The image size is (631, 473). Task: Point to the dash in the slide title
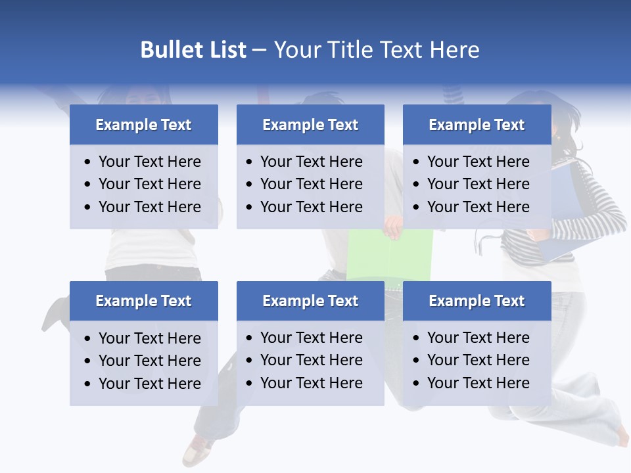click(259, 51)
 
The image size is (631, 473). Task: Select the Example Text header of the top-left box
click(143, 125)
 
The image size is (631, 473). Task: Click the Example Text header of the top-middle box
click(310, 125)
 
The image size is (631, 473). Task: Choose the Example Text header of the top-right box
click(477, 125)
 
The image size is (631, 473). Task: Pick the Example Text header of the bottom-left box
click(143, 301)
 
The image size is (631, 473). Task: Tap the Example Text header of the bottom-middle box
click(310, 301)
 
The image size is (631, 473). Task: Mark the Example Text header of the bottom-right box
click(477, 301)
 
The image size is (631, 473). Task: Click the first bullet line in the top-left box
click(149, 162)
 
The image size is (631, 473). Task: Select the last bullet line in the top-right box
click(478, 207)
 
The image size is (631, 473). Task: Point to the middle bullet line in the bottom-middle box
click(311, 360)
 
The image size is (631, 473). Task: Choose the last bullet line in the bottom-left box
click(149, 384)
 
